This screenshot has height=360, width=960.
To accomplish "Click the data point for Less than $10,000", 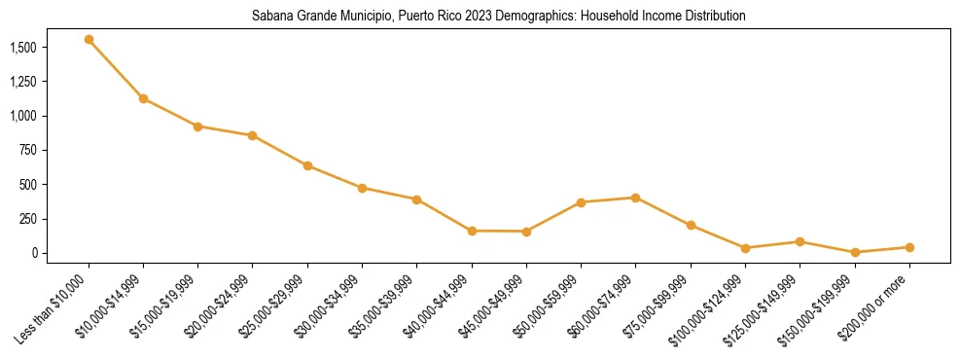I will (89, 40).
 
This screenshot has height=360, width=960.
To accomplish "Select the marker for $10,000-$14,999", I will (143, 98).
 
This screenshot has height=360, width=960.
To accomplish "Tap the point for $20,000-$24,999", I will (253, 135).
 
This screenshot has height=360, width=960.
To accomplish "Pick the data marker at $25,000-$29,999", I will (307, 165).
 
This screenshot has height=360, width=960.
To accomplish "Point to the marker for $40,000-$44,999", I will (472, 231).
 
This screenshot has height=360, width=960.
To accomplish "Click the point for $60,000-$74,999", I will (635, 198).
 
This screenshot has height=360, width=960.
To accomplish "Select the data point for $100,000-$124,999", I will (745, 248).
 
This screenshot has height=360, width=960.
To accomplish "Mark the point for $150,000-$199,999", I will (855, 252).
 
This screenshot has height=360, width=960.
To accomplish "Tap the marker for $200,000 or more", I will (909, 247).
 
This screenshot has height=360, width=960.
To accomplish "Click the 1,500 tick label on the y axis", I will (22, 48).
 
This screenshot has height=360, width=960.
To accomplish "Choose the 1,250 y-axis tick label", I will (22, 82).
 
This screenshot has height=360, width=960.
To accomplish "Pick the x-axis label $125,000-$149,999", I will (767, 306).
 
